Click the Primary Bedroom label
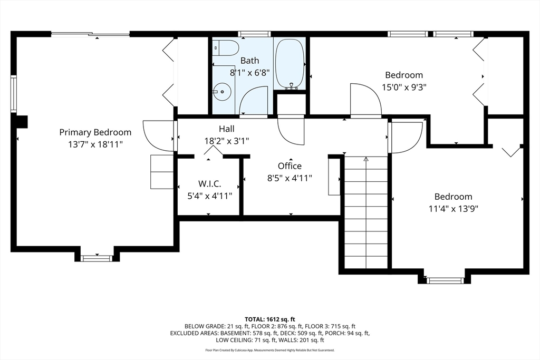pyautogui.click(x=95, y=132)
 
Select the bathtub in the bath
pyautogui.click(x=290, y=64)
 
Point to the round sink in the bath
pyautogui.click(x=222, y=92)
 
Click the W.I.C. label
pyautogui.click(x=209, y=183)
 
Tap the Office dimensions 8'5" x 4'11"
pyautogui.click(x=290, y=178)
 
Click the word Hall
pyautogui.click(x=227, y=129)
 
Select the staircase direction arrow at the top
pyautogui.click(x=366, y=159)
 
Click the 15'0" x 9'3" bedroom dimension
pyautogui.click(x=404, y=87)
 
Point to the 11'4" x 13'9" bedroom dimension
pyautogui.click(x=453, y=209)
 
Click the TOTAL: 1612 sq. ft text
pyautogui.click(x=269, y=319)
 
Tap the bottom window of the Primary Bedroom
pyautogui.click(x=97, y=258)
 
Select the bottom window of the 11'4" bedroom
pyautogui.click(x=445, y=280)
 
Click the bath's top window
pyautogui.click(x=255, y=34)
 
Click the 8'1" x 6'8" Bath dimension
pyautogui.click(x=249, y=73)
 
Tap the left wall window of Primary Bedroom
pyautogui.click(x=13, y=94)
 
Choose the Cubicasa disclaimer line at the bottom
pyautogui.click(x=269, y=351)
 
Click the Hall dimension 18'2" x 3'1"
pyautogui.click(x=227, y=141)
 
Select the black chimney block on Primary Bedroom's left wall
pyautogui.click(x=22, y=122)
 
